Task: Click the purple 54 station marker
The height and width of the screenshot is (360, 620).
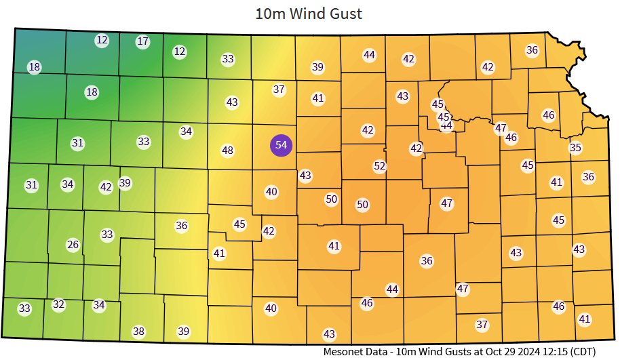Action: click(x=281, y=145)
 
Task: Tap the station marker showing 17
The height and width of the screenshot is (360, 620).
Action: click(x=142, y=41)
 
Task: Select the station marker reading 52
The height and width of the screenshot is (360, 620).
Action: click(x=380, y=165)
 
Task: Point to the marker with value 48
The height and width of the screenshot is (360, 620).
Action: click(x=228, y=150)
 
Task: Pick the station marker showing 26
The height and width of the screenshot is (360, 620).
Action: click(x=73, y=244)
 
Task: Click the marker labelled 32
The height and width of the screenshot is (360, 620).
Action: click(x=58, y=304)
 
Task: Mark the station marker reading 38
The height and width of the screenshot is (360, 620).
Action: click(x=138, y=332)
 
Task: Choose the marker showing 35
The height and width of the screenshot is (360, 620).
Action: click(x=575, y=148)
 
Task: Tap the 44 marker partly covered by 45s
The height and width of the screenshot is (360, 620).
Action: click(x=446, y=126)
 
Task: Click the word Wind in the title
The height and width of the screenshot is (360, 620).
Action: click(x=311, y=13)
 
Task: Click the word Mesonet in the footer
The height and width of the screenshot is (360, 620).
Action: click(x=345, y=351)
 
